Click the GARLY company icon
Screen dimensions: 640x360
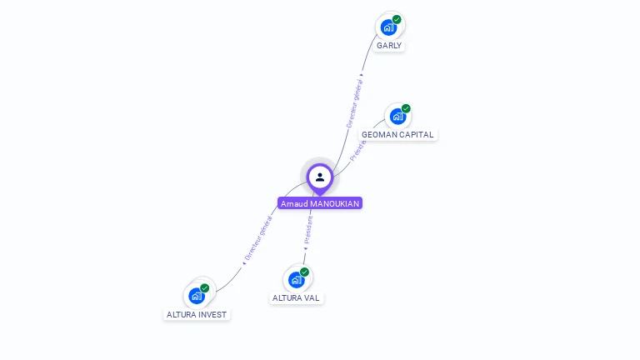388,27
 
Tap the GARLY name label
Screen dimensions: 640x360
389,45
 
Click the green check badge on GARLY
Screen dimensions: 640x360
397,19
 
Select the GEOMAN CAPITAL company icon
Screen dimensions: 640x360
397,117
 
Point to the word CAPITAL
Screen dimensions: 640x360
417,134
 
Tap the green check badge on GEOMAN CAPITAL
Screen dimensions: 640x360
406,108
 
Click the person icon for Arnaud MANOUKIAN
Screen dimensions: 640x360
320,177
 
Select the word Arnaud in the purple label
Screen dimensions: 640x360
294,203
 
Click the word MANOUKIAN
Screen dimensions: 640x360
334,203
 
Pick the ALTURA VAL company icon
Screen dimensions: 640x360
296,280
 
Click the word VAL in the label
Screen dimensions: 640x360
312,297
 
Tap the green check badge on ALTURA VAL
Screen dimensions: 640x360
304,272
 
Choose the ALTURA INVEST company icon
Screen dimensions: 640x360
196,296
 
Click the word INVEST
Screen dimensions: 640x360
212,314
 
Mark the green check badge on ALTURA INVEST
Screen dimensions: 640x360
204,288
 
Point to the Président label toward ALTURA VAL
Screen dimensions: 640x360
307,230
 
